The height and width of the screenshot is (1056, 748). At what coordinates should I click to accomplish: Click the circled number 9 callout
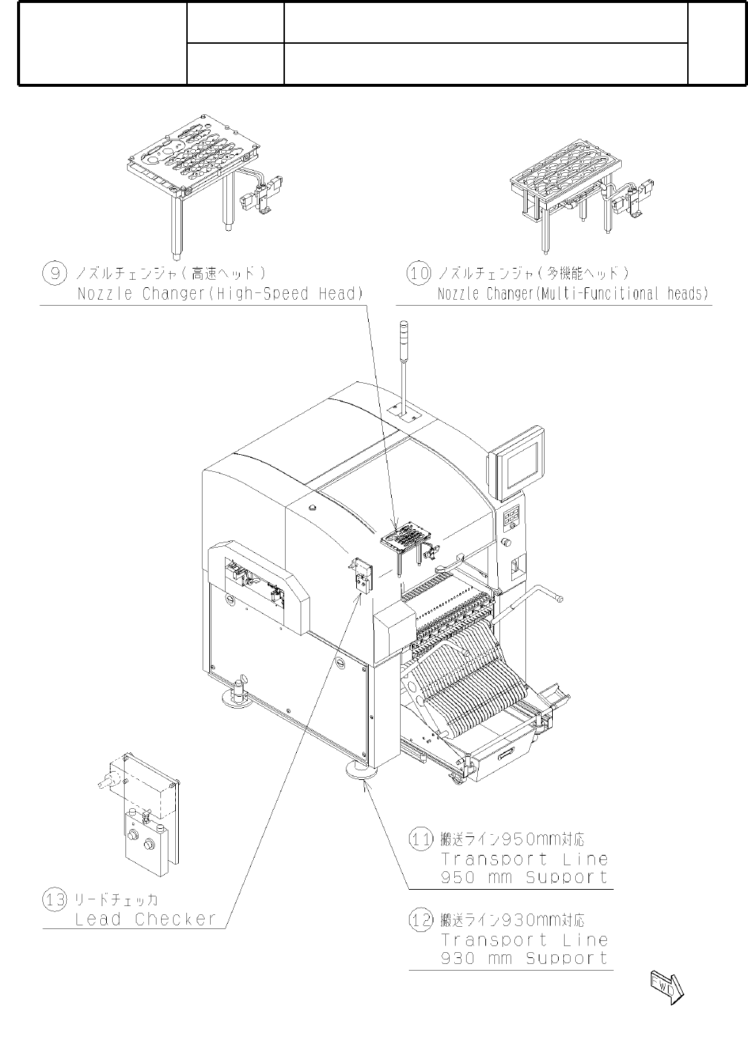click(54, 272)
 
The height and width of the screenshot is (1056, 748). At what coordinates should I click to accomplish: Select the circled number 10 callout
click(419, 272)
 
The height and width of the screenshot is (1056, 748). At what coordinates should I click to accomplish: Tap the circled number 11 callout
click(421, 839)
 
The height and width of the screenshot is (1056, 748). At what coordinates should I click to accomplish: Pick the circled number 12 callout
click(421, 919)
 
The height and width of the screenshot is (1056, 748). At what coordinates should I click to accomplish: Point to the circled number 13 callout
click(54, 899)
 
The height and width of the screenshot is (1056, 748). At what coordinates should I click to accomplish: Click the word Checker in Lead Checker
click(175, 919)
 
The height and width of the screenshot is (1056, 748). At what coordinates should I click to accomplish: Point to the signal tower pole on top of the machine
click(405, 364)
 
